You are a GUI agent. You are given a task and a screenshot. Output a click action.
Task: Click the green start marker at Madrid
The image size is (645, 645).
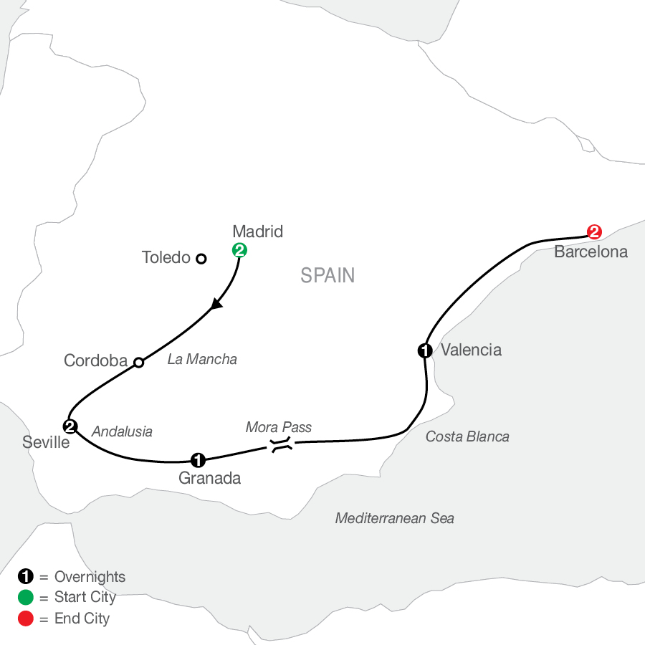(239, 250)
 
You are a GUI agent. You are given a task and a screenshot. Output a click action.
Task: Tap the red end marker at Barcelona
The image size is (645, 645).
(594, 232)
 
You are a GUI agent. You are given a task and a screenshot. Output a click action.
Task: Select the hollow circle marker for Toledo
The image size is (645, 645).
(201, 259)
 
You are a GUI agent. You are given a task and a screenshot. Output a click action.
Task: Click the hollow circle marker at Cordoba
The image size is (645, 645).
(139, 363)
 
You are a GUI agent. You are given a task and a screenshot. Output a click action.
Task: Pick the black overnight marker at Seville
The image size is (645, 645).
(70, 426)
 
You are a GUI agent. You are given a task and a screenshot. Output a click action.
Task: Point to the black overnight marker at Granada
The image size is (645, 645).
(198, 460)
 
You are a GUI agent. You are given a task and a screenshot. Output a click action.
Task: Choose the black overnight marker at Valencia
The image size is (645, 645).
(425, 351)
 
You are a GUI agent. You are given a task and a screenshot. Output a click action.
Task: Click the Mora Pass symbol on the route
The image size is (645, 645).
(282, 445)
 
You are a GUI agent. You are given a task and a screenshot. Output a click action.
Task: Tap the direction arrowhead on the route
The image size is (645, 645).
(216, 305)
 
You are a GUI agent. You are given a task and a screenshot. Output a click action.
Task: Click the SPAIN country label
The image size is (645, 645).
(328, 276)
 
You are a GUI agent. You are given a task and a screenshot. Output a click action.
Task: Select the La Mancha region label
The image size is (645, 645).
(202, 359)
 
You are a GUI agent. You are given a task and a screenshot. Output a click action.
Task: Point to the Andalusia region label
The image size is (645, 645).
(122, 431)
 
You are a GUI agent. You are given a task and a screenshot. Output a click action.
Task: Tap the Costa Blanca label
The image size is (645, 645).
(467, 436)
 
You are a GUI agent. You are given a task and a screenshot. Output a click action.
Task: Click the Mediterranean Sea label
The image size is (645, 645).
(394, 518)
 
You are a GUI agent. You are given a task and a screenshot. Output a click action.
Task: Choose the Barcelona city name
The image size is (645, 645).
(591, 252)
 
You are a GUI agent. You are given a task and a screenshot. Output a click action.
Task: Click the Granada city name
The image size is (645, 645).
(209, 479)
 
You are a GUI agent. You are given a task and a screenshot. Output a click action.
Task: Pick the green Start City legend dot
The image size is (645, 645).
(26, 597)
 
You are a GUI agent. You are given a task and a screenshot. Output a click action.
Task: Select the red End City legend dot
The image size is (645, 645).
(26, 618)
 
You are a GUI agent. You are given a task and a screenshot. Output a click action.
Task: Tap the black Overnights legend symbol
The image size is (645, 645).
(26, 576)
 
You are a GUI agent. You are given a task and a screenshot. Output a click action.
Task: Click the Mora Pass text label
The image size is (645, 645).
(279, 427)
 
